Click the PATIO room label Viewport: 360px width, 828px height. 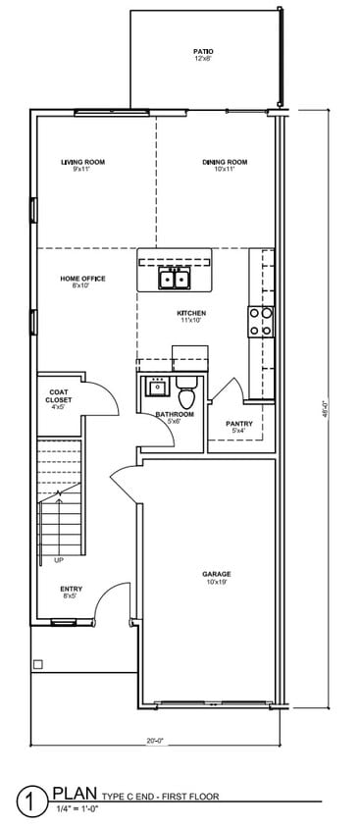point(203,51)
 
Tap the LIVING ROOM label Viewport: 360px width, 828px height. point(82,162)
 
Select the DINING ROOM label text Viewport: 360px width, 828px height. point(225,162)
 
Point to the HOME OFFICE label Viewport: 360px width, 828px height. point(82,279)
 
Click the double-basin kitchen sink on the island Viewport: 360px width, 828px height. point(176,281)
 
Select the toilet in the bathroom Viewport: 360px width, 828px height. point(187,395)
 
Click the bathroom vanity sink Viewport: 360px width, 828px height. point(157,388)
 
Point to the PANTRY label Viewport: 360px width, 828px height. point(239,424)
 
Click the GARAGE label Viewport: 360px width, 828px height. point(216,574)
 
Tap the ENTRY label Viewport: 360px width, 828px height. point(72,589)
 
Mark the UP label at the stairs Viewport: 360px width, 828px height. point(59,560)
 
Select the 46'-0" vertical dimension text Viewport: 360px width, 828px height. point(325,413)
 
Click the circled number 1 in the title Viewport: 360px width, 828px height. point(35,802)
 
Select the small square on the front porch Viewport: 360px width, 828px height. point(38,664)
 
